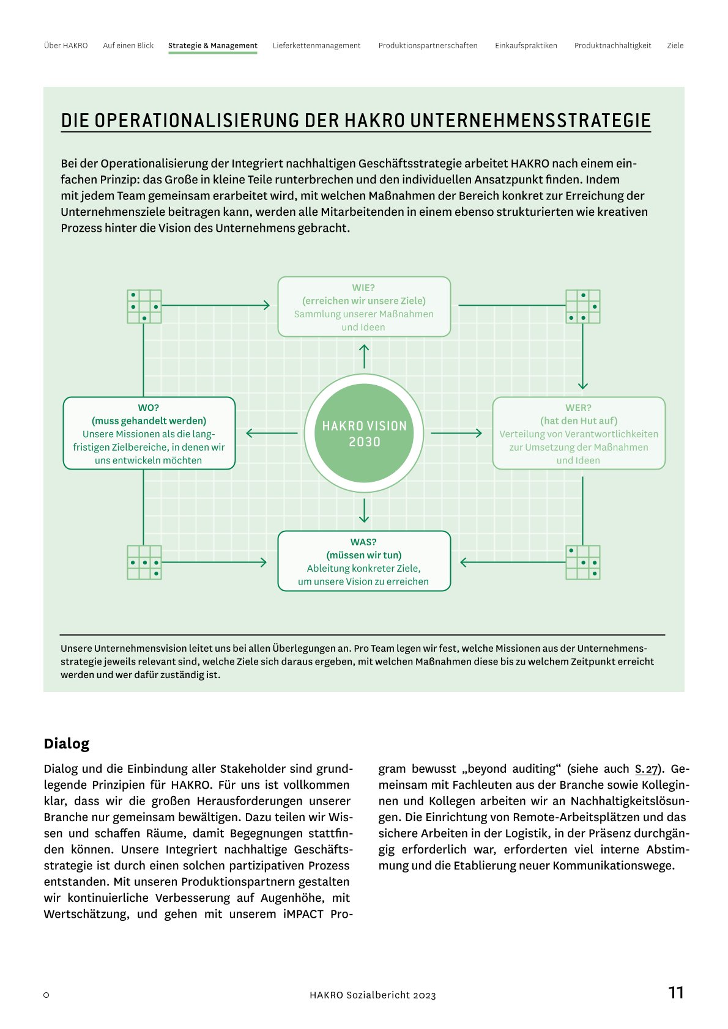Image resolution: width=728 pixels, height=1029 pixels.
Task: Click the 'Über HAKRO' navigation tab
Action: pyautogui.click(x=66, y=46)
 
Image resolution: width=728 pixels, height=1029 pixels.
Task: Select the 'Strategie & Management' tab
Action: pyautogui.click(x=213, y=46)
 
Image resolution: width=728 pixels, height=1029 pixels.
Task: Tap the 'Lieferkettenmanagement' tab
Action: pyautogui.click(x=316, y=46)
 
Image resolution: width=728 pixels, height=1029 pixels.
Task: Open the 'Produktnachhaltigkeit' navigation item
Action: pyautogui.click(x=612, y=46)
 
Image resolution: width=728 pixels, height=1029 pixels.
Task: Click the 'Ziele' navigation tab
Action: pyautogui.click(x=675, y=46)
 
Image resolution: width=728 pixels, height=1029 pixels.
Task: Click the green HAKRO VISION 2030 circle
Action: pyautogui.click(x=364, y=433)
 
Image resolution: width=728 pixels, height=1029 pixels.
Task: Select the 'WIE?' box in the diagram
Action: pyautogui.click(x=364, y=307)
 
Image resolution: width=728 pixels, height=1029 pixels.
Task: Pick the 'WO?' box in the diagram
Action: pyautogui.click(x=149, y=433)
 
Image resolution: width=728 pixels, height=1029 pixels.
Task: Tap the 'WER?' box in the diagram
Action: pyautogui.click(x=579, y=433)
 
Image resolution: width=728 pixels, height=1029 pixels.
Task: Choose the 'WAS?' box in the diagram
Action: pyautogui.click(x=364, y=561)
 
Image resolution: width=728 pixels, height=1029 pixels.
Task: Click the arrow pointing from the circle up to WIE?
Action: pyautogui.click(x=364, y=356)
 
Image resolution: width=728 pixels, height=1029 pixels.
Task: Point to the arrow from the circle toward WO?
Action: pyautogui.click(x=271, y=433)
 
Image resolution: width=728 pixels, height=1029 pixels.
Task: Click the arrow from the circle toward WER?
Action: pyautogui.click(x=456, y=433)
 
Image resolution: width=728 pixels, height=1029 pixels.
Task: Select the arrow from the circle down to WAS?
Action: pyautogui.click(x=364, y=511)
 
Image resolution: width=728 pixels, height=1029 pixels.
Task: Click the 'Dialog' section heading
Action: pyautogui.click(x=67, y=743)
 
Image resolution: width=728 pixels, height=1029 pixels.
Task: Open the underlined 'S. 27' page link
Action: pyautogui.click(x=646, y=769)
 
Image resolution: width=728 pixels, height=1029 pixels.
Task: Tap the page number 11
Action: pyautogui.click(x=675, y=992)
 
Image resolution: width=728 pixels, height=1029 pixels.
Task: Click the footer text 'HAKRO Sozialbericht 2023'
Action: pyautogui.click(x=373, y=995)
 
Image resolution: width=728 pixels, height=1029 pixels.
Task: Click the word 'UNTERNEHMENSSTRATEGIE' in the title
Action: pyautogui.click(x=530, y=120)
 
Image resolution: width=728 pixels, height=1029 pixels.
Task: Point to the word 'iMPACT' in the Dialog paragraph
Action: pyautogui.click(x=303, y=914)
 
